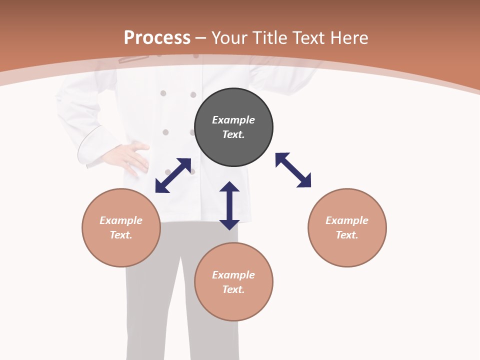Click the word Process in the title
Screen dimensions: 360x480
click(157, 38)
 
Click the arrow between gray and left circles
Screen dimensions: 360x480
click(173, 175)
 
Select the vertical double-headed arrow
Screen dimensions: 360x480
click(229, 205)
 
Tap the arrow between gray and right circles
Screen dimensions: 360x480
click(293, 170)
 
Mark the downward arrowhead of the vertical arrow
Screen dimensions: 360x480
click(229, 224)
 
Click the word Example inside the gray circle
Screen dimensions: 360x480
click(233, 120)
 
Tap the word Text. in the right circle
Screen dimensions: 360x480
click(347, 235)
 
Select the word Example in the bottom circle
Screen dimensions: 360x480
click(233, 275)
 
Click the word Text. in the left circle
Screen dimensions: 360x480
click(121, 235)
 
